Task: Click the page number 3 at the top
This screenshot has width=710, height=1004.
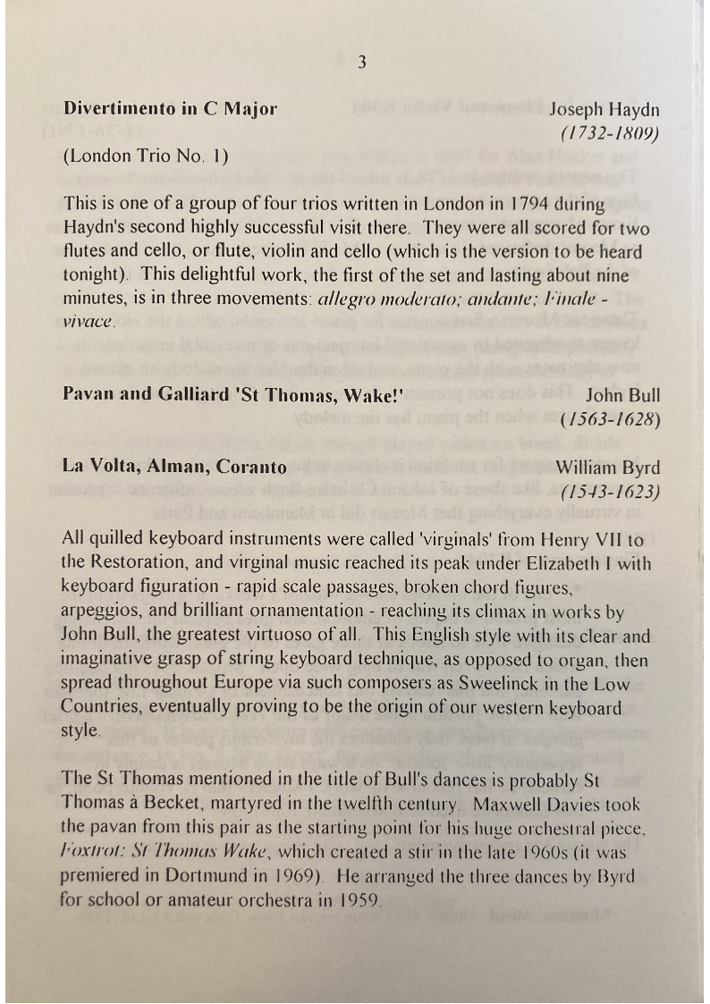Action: point(361,62)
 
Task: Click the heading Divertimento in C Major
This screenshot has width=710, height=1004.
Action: point(171,109)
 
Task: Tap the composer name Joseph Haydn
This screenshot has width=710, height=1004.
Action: point(604,110)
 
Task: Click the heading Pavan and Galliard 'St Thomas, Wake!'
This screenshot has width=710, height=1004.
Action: point(233,395)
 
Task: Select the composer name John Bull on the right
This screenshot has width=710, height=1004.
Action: point(623,395)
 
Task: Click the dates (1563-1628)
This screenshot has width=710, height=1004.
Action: point(610,419)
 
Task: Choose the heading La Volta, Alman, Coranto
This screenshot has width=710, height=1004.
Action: point(175,467)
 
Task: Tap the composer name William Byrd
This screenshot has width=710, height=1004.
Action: point(608,467)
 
